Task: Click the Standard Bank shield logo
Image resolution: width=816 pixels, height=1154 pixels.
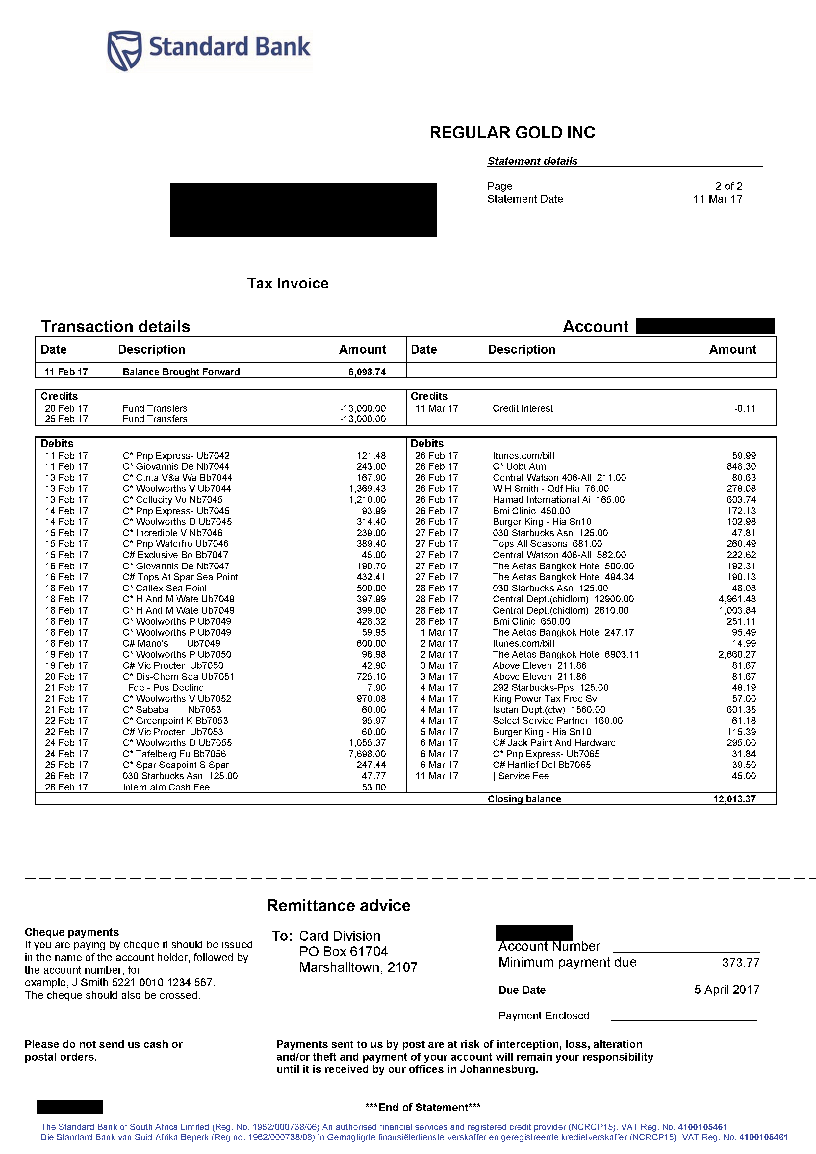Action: [124, 50]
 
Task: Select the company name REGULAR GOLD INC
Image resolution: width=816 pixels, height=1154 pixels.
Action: [512, 133]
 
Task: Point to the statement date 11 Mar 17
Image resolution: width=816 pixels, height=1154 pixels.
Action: [718, 199]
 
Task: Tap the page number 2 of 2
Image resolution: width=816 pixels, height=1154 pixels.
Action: [728, 186]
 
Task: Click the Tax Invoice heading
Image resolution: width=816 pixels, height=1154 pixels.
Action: [288, 284]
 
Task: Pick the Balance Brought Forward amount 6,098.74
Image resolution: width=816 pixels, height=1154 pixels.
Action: [367, 372]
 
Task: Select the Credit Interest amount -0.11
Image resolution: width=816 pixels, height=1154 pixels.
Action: [744, 408]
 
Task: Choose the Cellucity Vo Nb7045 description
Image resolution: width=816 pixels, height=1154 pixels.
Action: [172, 500]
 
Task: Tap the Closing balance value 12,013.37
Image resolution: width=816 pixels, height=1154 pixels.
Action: [734, 799]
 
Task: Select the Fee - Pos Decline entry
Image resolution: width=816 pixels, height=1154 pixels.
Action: [164, 688]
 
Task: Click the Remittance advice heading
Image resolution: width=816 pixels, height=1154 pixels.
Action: [338, 906]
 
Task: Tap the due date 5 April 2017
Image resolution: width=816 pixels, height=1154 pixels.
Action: [727, 990]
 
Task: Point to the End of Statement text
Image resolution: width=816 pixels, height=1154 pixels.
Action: [423, 1107]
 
